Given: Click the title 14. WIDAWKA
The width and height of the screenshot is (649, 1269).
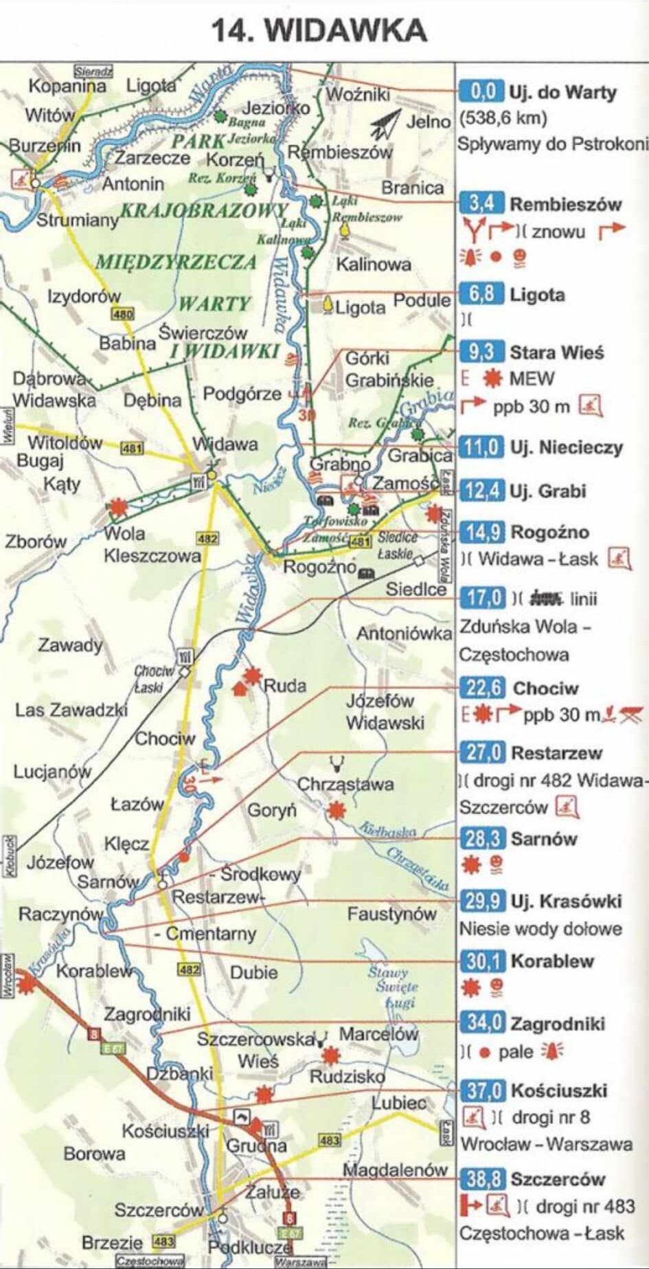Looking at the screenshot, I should coord(319,31).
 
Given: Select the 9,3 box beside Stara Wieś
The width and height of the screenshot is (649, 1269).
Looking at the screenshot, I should coord(481,352).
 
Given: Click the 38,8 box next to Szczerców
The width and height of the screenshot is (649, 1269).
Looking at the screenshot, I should coord(483,1179).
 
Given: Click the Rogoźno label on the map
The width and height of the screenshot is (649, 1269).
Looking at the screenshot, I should coord(319,568).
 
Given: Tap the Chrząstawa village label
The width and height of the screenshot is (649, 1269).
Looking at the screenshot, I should coord(345,784).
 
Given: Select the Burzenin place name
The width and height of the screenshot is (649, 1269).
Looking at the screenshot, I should coord(45,146).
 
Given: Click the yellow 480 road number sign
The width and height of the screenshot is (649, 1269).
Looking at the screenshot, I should coord(124,314).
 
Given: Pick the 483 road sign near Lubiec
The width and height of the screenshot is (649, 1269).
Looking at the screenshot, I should coord(330,1140).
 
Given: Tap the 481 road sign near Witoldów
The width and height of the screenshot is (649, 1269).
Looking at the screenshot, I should coord(132,449).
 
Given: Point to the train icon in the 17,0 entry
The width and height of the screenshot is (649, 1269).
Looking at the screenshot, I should coord(545,598).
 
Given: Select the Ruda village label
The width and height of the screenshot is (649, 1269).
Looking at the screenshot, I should coord(285,685).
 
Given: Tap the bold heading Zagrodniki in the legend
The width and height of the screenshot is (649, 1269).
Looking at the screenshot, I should coord(558,1024).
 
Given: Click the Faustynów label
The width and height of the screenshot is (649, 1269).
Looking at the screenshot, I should coord(391,914).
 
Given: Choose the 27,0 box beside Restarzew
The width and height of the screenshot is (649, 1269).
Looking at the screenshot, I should coord(483,752).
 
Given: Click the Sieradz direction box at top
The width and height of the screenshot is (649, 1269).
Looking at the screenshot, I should coord(93,70).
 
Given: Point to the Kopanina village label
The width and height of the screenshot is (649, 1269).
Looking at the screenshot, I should coord(67,86).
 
